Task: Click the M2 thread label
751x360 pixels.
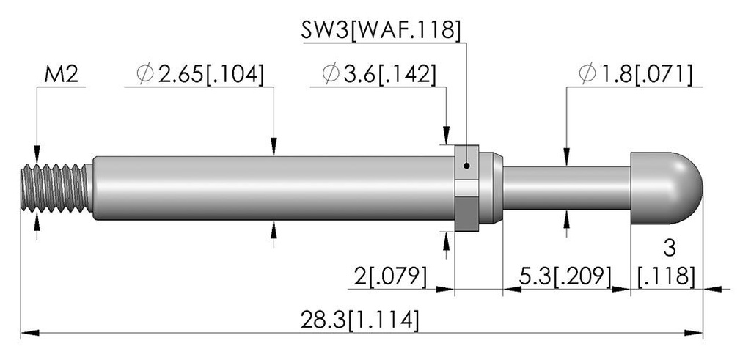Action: pos(62,75)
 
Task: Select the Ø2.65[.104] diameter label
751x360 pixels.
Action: pos(199,75)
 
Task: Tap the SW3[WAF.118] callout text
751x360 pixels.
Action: pos(381,31)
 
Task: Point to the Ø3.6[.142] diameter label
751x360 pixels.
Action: pos(379,75)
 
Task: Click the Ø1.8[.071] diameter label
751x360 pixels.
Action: pos(635,75)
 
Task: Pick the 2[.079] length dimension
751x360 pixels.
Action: pos(390,277)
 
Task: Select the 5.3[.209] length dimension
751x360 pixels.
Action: pos(566,277)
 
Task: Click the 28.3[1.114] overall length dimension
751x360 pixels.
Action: pos(359,320)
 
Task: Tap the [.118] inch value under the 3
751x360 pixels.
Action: pos(666,276)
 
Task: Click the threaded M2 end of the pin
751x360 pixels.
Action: pos(56,188)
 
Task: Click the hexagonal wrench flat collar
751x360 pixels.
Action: pos(466,188)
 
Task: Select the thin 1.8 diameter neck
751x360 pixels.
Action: pos(567,188)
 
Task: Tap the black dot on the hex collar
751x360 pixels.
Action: pos(467,166)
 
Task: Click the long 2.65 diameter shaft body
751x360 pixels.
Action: pos(273,188)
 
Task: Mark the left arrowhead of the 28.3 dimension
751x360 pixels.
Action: pos(29,333)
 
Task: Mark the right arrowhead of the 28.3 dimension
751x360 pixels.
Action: pos(694,333)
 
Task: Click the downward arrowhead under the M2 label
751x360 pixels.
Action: pos(37,155)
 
